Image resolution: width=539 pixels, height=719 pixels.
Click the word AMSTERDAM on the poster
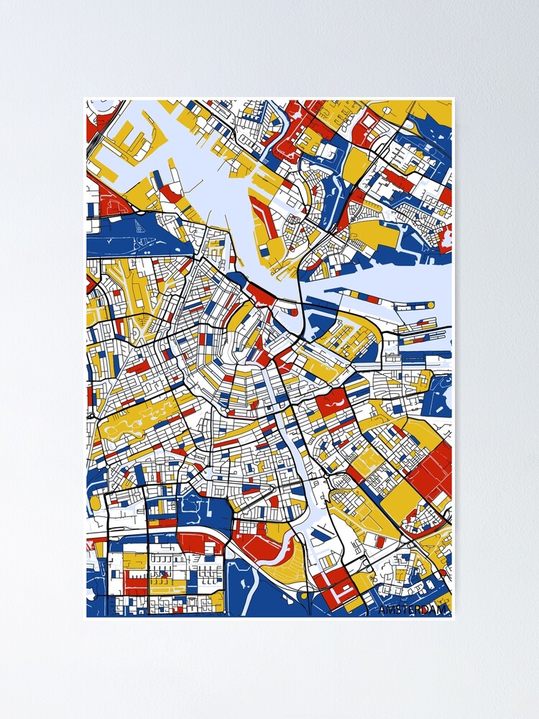tap(413, 610)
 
